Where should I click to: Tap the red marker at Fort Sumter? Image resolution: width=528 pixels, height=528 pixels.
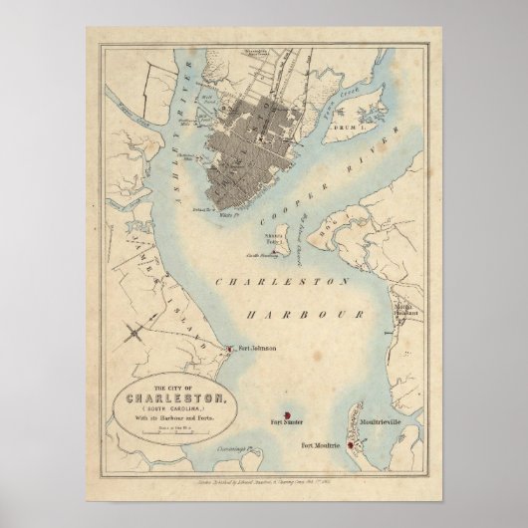pyautogui.click(x=287, y=413)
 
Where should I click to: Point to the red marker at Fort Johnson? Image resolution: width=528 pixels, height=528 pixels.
pyautogui.click(x=231, y=350)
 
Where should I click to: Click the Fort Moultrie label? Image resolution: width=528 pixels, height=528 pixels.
pyautogui.click(x=321, y=443)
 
